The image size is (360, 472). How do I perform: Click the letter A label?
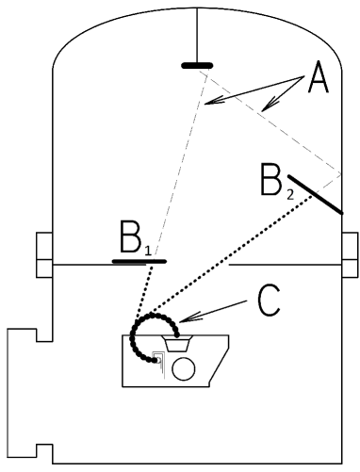[318, 85]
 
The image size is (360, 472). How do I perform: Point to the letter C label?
[270, 301]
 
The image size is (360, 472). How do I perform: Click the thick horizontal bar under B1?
[139, 259]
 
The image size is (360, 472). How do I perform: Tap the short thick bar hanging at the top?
[197, 66]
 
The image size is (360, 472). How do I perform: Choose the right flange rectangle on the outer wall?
[351, 254]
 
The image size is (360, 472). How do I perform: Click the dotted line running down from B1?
[148, 287]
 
